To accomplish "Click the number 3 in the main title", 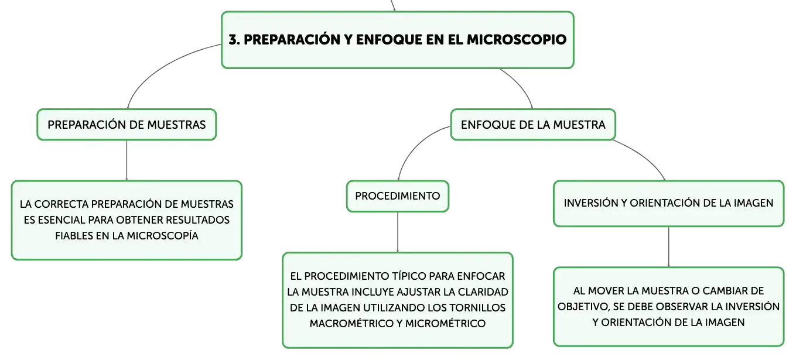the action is (233, 40).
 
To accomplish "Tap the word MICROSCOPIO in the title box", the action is (517, 40).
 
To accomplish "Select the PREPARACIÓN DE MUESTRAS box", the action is (127, 125).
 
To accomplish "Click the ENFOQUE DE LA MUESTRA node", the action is (533, 125).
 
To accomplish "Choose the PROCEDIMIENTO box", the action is (398, 196).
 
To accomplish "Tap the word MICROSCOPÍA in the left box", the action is (162, 236).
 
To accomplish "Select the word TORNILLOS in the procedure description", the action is (477, 308).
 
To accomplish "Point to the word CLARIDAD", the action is (483, 292).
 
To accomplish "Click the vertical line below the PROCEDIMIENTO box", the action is (398, 232).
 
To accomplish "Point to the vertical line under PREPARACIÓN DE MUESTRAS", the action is (127, 160).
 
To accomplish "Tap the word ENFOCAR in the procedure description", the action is (481, 276).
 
